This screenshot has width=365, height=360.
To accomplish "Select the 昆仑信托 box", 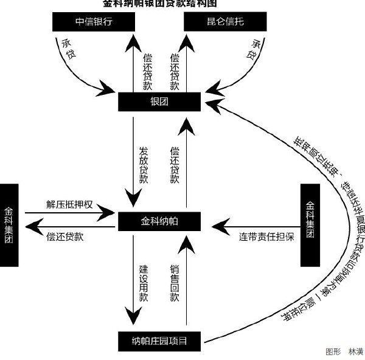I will (x=216, y=22).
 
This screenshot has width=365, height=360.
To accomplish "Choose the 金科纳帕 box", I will (x=159, y=221).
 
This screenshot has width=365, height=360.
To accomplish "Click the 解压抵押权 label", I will (x=69, y=204).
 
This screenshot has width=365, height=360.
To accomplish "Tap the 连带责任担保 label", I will (x=266, y=236).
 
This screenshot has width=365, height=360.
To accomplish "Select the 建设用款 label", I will (x=144, y=283).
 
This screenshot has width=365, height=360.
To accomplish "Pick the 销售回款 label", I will (x=175, y=283).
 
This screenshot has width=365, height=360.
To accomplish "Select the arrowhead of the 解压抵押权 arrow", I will (x=109, y=213).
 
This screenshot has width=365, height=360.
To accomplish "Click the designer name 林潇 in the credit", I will (x=355, y=351).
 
